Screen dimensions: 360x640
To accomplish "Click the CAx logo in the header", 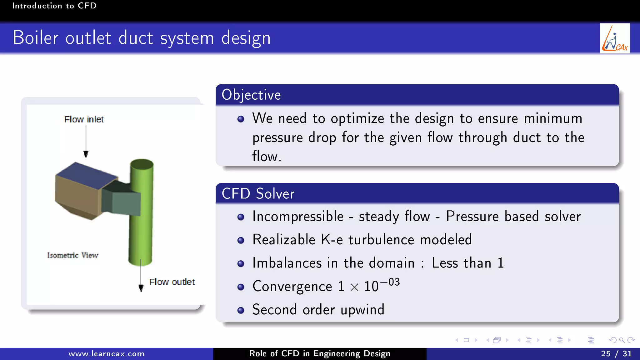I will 615,38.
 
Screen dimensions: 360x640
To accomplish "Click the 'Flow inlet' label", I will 84,119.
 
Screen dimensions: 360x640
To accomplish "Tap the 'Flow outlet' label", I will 172,282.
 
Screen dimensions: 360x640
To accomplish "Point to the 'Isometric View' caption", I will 72,255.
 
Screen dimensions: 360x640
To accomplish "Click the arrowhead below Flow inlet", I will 86,154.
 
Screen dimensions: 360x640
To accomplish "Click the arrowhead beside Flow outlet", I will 141,288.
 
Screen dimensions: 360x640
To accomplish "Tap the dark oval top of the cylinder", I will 142,164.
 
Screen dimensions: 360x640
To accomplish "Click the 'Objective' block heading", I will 251,95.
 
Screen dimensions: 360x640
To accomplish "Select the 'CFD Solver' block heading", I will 258,194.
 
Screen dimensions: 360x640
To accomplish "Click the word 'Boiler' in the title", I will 35,38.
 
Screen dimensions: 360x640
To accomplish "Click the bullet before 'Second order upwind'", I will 241,310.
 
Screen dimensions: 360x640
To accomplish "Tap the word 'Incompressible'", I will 298,217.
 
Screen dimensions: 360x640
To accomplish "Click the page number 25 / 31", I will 616,354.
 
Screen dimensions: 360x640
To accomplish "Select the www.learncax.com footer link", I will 106,354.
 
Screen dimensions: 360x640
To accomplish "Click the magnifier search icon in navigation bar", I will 622,340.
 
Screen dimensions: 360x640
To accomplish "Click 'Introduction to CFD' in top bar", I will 54,6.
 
